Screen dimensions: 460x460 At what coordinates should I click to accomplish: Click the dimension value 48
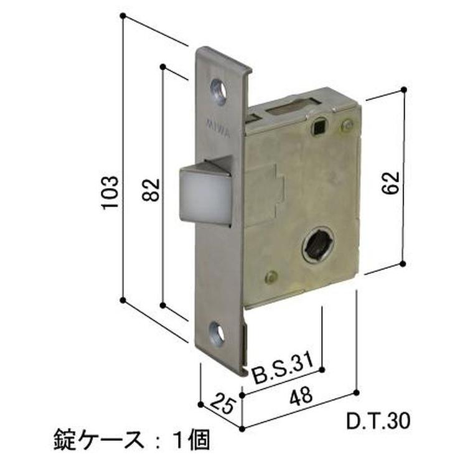303,400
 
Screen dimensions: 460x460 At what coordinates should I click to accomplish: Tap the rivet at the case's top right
346,126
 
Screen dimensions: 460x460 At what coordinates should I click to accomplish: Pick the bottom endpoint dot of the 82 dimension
162,306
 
